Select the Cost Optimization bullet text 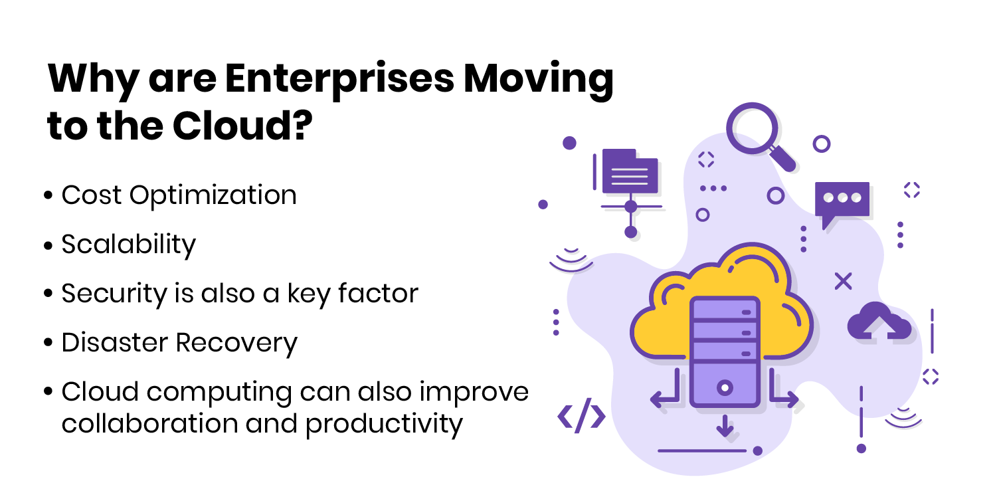(x=179, y=195)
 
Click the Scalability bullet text (x=129, y=245)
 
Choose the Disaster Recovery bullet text (x=179, y=343)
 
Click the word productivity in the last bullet (x=383, y=424)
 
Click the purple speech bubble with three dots (x=842, y=201)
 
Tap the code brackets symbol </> (x=581, y=417)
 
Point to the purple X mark (x=843, y=282)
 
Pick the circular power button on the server (x=725, y=386)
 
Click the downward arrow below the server (x=725, y=426)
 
